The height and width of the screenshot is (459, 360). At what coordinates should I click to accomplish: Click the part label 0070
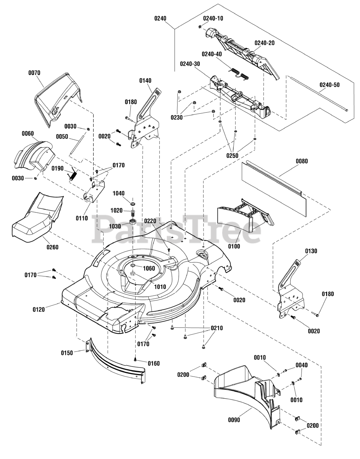point(34,73)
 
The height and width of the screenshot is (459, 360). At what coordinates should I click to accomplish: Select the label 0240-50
point(330,85)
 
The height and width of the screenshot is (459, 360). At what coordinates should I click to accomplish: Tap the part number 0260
point(52,247)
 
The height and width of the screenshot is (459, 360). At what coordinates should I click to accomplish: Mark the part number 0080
point(302,161)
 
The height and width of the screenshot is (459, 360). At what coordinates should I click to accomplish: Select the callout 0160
point(154,363)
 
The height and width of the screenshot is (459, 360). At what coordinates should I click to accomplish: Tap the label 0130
point(311,251)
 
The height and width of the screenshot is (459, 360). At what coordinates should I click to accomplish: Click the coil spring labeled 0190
point(73,175)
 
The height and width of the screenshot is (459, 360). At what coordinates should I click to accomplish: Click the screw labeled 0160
point(136,359)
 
